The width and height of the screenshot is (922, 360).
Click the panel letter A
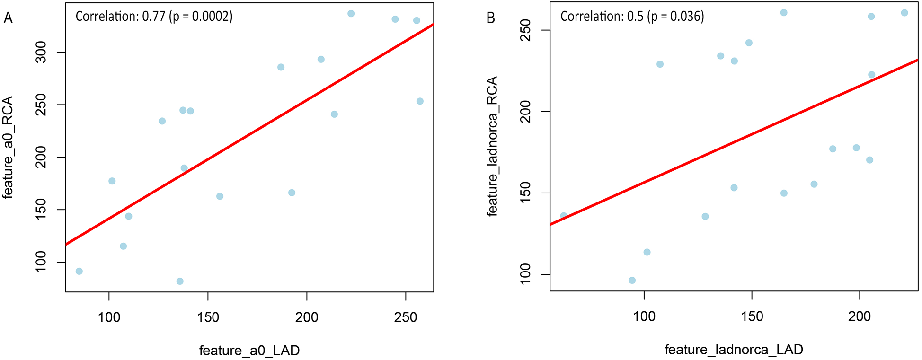(8, 18)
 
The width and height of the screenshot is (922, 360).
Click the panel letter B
(491, 18)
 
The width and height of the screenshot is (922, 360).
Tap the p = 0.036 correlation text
(632, 17)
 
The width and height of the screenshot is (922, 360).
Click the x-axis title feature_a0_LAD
(249, 351)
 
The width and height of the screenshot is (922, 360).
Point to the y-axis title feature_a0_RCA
(8, 147)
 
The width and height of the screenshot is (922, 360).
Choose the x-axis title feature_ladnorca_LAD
(734, 350)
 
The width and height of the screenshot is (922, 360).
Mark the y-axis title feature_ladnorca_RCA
(492, 146)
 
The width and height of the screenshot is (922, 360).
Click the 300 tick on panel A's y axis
(41, 52)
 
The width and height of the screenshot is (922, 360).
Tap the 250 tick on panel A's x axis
(406, 317)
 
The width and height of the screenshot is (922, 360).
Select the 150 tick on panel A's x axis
(208, 317)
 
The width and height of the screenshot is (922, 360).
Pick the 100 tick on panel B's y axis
(526, 274)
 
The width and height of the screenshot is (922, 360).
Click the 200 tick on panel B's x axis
(859, 316)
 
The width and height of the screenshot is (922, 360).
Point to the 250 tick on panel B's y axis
(526, 30)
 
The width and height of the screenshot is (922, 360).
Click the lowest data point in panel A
(180, 281)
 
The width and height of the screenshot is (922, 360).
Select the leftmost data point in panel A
(79, 271)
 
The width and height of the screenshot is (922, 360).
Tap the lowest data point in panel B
(632, 281)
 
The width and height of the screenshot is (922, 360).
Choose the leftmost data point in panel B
(563, 216)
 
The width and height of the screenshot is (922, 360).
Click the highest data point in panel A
(351, 14)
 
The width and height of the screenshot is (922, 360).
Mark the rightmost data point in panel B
(904, 13)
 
